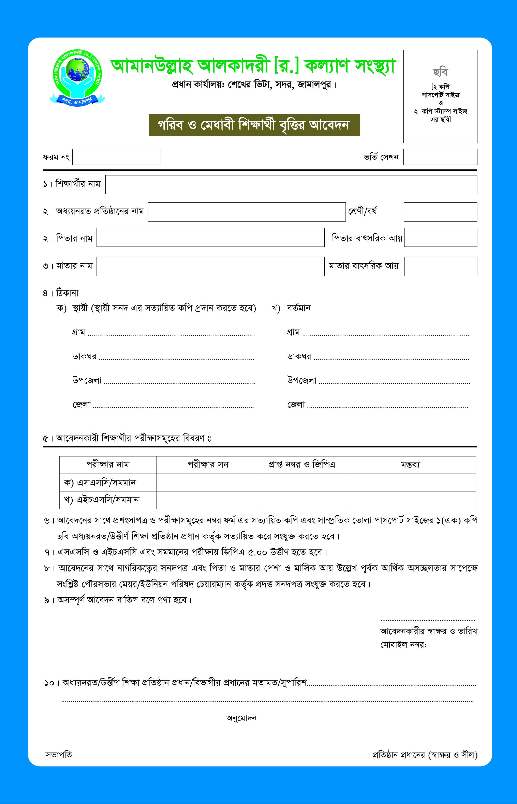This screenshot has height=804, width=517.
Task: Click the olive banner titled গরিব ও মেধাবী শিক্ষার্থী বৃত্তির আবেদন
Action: pos(254,125)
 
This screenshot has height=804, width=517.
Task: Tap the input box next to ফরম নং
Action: pos(117,157)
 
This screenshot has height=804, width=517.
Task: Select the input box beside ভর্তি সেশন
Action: pos(440,157)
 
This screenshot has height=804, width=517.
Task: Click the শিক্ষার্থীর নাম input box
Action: pos(291,185)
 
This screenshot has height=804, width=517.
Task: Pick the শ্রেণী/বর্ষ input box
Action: pos(440,212)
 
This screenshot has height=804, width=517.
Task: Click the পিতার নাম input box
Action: pos(210,238)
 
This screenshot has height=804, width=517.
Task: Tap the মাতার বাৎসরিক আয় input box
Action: pos(440,267)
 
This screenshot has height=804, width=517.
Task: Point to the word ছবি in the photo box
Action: pos(440,72)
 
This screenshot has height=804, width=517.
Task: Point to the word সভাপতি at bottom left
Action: pos(59,755)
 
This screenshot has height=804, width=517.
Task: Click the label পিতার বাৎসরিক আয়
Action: pos(367,238)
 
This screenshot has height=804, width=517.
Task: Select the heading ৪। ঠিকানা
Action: pos(61,293)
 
